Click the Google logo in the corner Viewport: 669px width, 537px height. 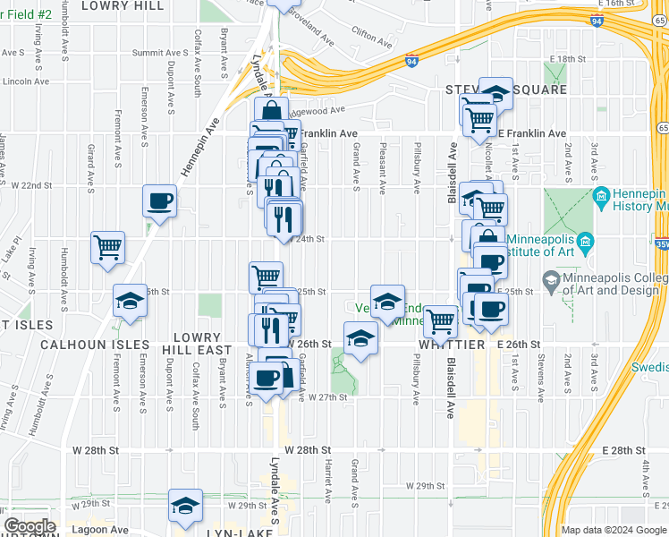pyautogui.click(x=30, y=527)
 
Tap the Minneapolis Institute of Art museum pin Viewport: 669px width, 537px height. pyautogui.click(x=586, y=242)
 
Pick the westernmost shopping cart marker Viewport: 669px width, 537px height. pyautogui.click(x=108, y=247)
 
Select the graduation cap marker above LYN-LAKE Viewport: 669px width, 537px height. pyautogui.click(x=185, y=506)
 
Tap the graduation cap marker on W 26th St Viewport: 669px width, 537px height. pyautogui.click(x=360, y=339)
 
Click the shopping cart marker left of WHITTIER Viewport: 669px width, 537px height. pyautogui.click(x=440, y=321)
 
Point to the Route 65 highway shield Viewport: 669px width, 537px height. pyautogui.click(x=661, y=129)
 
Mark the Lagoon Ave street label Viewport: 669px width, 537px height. pyautogui.click(x=104, y=530)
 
